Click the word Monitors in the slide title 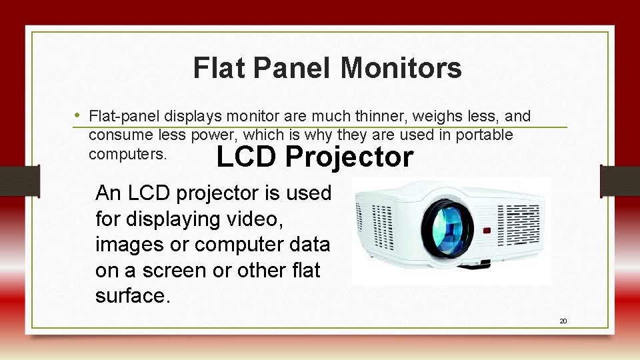tap(401, 68)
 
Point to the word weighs tap(434, 117)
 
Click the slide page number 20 tap(563, 321)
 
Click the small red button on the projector tap(486, 231)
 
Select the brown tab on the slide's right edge tap(619, 181)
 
